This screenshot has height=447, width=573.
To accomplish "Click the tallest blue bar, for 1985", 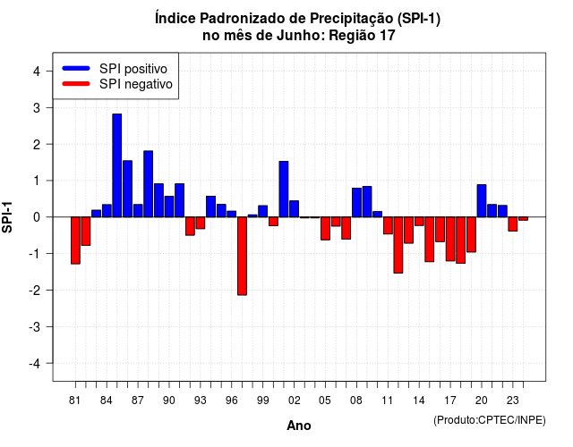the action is click(117, 165).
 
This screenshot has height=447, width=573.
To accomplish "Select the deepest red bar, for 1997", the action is click(242, 257).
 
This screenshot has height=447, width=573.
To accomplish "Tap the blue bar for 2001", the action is click(284, 189).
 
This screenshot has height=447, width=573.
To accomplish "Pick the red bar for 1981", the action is click(75, 240).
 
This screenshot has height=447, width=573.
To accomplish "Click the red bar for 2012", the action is click(398, 245).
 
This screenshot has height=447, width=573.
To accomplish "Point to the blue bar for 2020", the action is click(482, 200).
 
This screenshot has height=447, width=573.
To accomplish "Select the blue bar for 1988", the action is click(148, 184).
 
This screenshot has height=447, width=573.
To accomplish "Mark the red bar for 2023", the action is click(513, 224).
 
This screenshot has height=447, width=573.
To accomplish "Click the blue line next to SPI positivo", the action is click(76, 68).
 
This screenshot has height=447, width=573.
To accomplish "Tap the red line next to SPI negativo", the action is click(76, 84).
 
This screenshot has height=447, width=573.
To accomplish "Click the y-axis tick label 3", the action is click(37, 108).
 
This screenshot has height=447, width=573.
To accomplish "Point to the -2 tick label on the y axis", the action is click(35, 291).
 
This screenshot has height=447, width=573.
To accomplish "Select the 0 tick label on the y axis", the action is click(37, 217).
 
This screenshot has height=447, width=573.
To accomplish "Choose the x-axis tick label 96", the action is click(231, 401).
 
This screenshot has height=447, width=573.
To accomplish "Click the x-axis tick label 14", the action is click(419, 401).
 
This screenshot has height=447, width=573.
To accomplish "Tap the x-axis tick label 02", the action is click(294, 401).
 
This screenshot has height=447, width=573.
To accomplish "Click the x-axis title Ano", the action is click(299, 426).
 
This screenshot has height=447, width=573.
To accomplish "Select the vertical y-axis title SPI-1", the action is click(7, 217).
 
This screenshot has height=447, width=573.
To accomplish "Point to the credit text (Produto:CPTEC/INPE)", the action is click(490, 420).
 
